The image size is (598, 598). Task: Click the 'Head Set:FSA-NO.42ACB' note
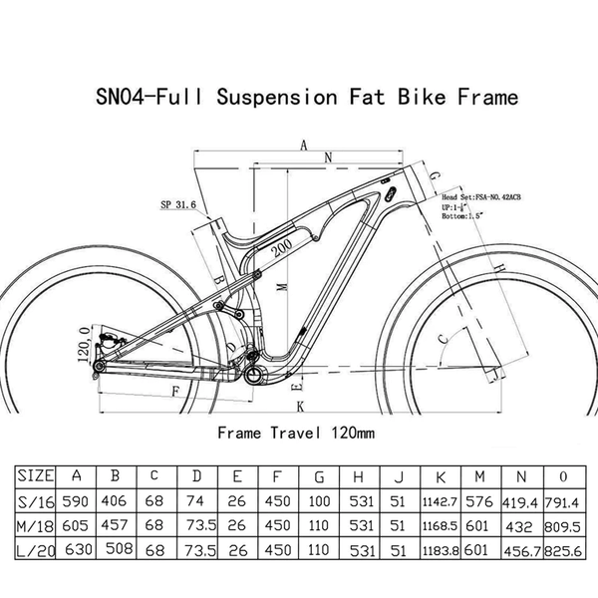pos(481,199)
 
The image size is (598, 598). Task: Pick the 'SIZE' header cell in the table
pos(38,475)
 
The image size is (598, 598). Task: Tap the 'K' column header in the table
pos(441,475)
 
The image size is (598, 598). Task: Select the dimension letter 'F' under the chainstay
pos(175,391)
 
